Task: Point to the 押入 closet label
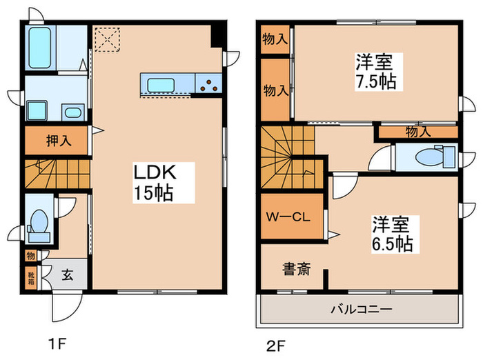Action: [x=57, y=141]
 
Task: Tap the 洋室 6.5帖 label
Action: [x=393, y=233]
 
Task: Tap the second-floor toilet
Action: [x=431, y=156]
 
